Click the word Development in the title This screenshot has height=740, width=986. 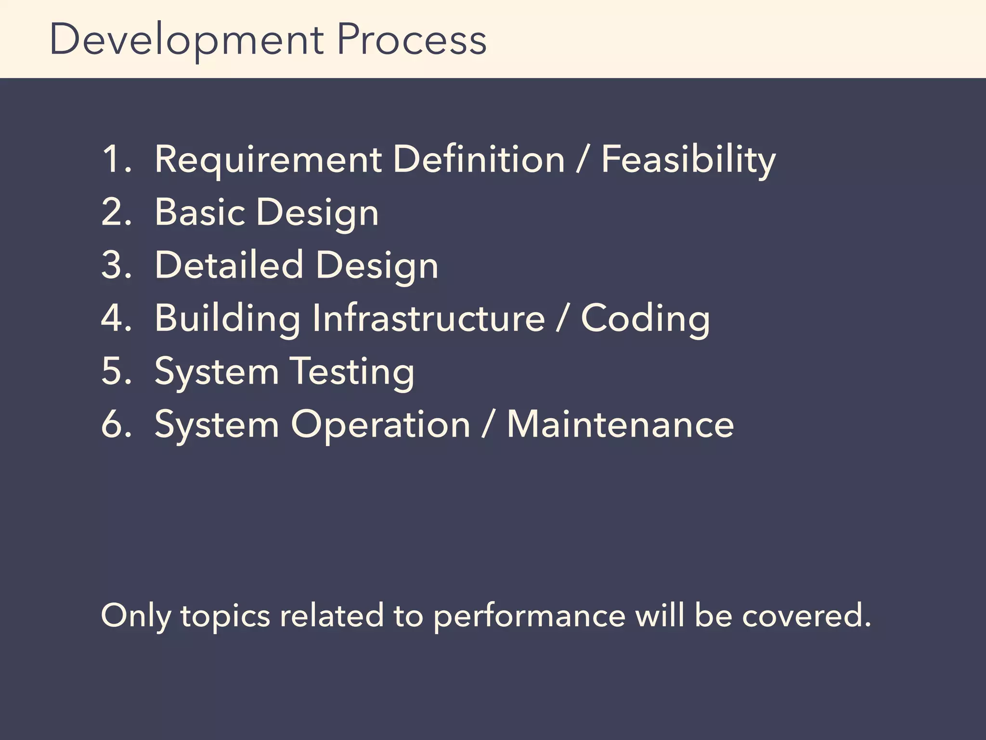coord(187,40)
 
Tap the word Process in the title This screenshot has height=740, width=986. coord(412,40)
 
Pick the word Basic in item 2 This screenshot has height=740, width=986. coord(200,212)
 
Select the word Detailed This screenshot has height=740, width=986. coord(229,265)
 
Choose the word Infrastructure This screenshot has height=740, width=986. coord(428,318)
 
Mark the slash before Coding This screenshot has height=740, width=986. coord(562,319)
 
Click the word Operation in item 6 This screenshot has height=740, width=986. coord(380,425)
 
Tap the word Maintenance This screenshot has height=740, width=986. coord(620,424)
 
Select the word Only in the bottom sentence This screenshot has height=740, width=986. coord(135,617)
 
